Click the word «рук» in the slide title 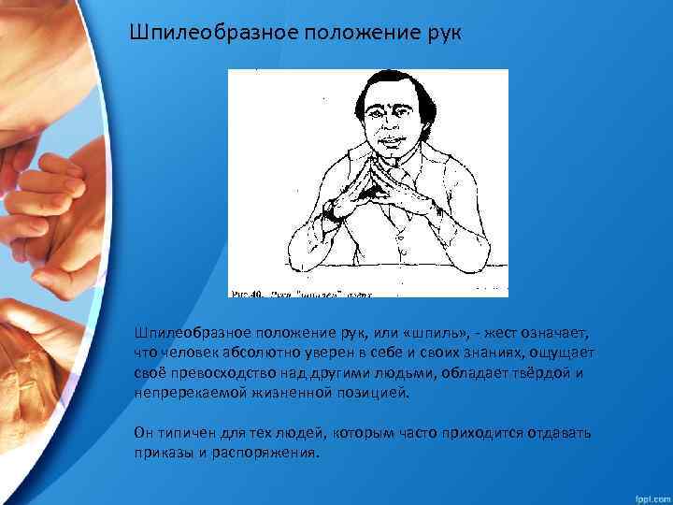tap(441, 35)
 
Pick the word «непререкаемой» tap(190, 392)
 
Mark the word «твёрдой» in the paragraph tap(539, 372)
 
